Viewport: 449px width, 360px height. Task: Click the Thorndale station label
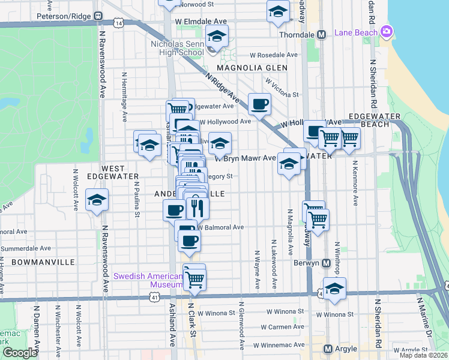pyautogui.click(x=299, y=35)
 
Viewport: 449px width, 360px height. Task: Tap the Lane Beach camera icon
pyautogui.click(x=386, y=31)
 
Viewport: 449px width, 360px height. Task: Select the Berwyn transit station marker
pyautogui.click(x=326, y=263)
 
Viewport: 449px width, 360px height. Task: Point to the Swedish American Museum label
pyautogui.click(x=148, y=280)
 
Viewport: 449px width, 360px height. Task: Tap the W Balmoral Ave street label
pyautogui.click(x=220, y=227)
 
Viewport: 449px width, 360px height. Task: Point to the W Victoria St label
pyautogui.click(x=282, y=87)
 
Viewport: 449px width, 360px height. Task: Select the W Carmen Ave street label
pyautogui.click(x=283, y=327)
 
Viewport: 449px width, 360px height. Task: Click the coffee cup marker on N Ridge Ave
pyautogui.click(x=259, y=104)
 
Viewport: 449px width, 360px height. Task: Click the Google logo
pyautogui.click(x=20, y=353)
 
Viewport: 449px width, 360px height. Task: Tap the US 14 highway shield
pyautogui.click(x=120, y=23)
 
